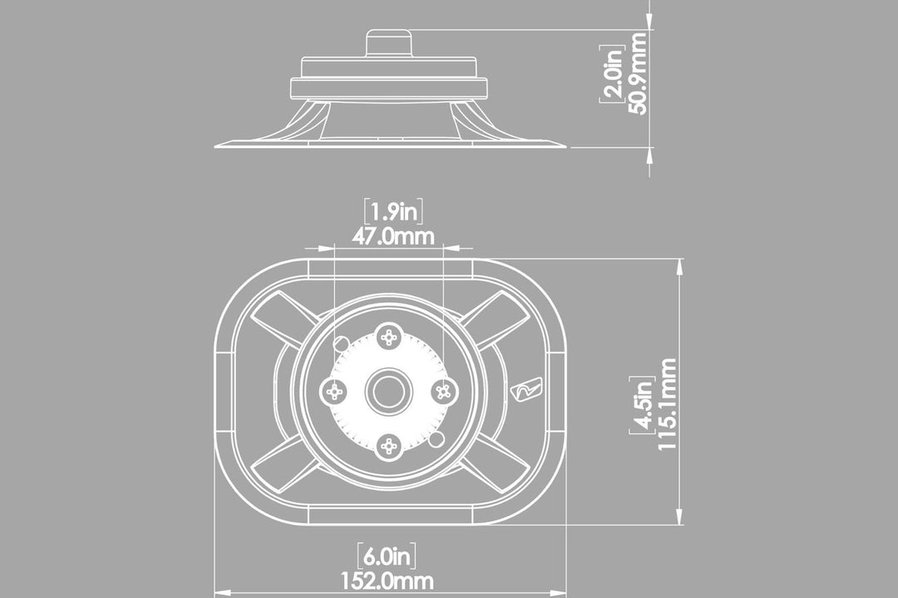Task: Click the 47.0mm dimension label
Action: point(392,236)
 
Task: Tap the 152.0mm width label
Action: point(387,581)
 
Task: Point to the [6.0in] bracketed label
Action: point(387,556)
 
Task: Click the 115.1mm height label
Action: point(667,404)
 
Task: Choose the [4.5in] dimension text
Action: point(642,405)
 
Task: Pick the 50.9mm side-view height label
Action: point(638,73)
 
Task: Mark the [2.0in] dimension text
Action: point(612,74)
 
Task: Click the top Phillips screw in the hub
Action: point(390,338)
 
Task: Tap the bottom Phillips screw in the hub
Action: point(389,446)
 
